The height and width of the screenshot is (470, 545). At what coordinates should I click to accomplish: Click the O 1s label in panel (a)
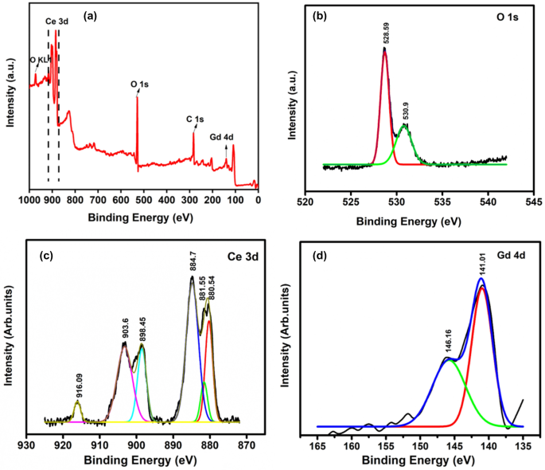point(140,81)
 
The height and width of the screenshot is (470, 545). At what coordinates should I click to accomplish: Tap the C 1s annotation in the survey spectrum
point(196,119)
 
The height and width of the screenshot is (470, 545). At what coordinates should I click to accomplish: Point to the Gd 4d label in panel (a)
point(221,137)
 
